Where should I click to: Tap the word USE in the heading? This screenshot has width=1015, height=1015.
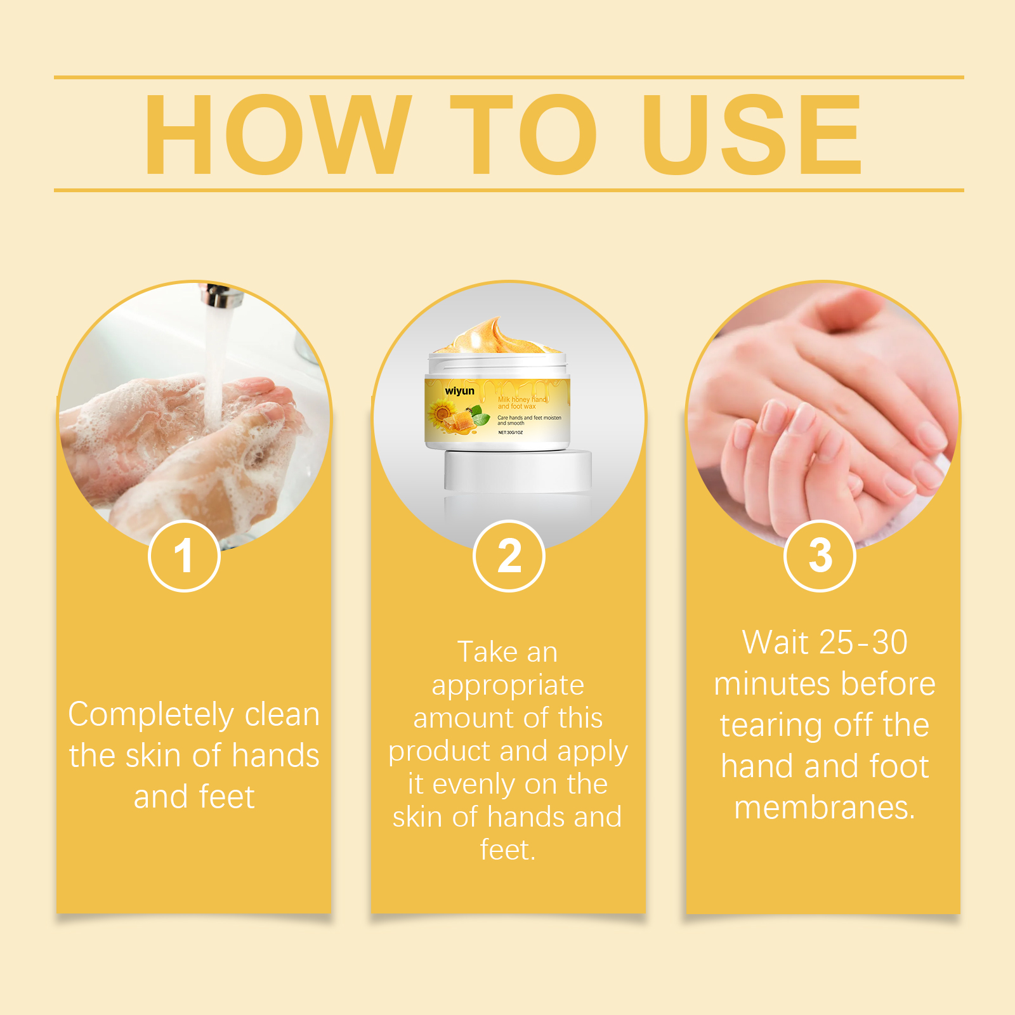(752, 134)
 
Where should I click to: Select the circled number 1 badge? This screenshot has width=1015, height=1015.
(184, 556)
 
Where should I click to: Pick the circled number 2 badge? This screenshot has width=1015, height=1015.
(509, 556)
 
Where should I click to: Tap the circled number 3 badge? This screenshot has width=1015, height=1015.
(820, 556)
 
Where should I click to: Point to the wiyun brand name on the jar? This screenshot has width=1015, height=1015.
(459, 391)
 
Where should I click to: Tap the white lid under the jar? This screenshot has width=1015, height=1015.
(518, 470)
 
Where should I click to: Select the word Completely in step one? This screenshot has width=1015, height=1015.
(151, 716)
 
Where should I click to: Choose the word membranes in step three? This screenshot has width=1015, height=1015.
(825, 808)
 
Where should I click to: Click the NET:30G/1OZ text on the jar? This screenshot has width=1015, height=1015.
(511, 433)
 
